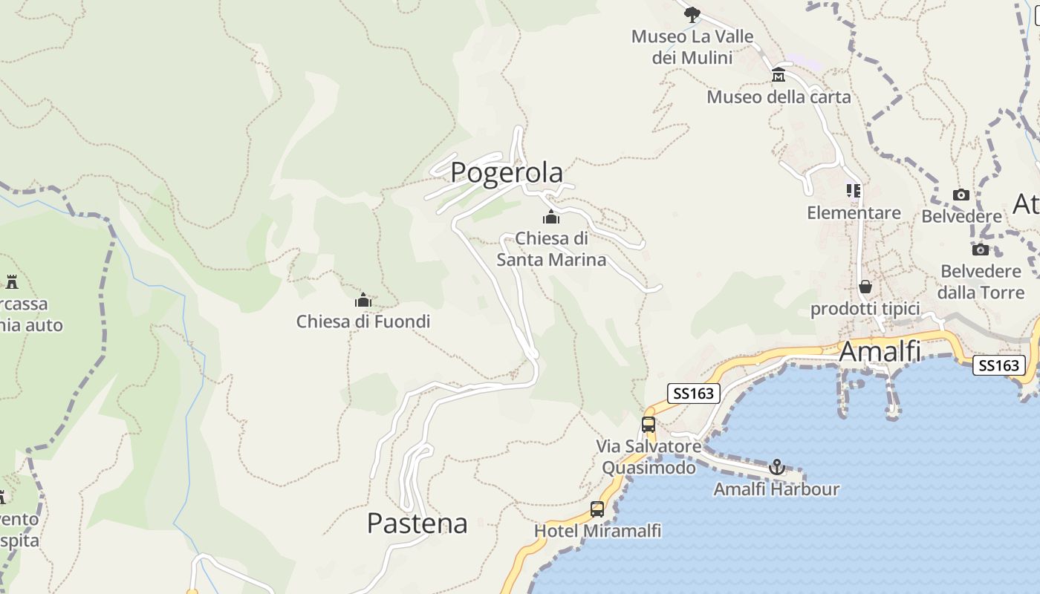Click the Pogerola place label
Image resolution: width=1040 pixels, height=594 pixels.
point(507,172)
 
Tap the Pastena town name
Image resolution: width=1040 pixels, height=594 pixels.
point(417,523)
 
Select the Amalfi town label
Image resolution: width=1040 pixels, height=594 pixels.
point(880,351)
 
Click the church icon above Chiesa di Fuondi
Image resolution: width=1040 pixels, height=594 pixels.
point(363,300)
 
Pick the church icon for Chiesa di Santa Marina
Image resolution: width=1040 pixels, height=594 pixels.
point(550,217)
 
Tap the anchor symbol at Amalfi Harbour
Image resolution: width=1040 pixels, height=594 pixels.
point(776,467)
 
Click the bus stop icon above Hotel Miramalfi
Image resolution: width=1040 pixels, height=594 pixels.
point(597,509)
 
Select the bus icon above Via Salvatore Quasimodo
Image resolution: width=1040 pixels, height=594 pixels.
point(649,425)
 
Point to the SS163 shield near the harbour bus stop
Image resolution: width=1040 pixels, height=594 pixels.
point(694,394)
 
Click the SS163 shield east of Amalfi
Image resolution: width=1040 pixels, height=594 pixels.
point(999,365)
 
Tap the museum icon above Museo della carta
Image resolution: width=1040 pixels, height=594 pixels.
point(779,75)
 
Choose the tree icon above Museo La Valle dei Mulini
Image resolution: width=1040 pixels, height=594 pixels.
point(692,14)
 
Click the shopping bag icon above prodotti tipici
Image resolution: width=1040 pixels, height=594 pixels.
point(865,287)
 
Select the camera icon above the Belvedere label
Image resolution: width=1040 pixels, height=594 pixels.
point(961,195)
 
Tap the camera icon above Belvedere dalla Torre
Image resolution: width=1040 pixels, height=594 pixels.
point(981,249)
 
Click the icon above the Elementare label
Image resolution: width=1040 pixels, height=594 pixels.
point(854,191)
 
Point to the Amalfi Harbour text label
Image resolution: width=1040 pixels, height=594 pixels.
point(776,489)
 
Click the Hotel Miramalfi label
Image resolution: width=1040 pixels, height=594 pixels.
point(597,532)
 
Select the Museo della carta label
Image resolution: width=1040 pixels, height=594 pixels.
point(779,97)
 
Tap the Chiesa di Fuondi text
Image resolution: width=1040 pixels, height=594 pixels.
point(363,322)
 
